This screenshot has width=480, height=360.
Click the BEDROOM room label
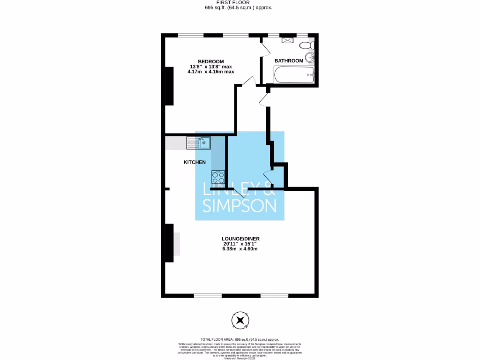[210, 61]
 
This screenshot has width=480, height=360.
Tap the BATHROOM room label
[289, 61]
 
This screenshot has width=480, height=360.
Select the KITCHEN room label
[194, 162]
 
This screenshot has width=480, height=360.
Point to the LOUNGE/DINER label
[241, 239]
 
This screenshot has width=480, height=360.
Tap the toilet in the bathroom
[307, 45]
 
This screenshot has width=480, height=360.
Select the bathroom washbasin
[310, 58]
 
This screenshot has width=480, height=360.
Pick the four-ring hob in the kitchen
[218, 177]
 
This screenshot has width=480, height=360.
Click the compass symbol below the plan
[240, 320]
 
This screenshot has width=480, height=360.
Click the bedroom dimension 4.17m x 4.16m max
[210, 72]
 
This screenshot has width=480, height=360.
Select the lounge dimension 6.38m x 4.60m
[240, 249]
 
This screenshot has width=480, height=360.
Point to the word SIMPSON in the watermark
[239, 205]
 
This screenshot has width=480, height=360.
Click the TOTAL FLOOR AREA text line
[240, 339]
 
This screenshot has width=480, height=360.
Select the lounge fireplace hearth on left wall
[176, 244]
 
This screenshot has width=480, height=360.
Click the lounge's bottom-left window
[208, 295]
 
